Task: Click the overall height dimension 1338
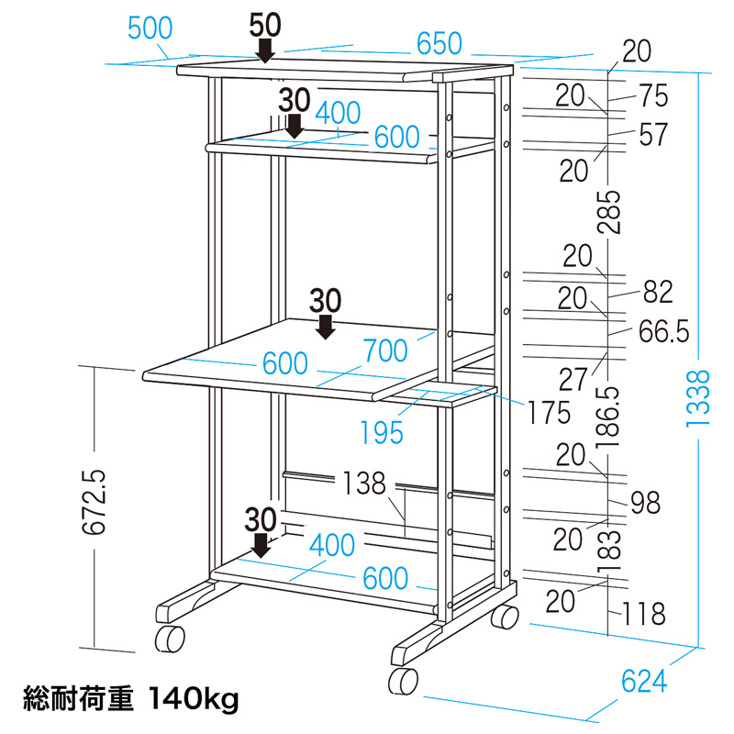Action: point(699,397)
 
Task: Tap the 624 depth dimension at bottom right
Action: point(643,682)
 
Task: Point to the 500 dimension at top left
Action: point(150,28)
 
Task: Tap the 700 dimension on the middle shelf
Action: point(384,350)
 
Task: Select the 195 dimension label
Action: point(382,432)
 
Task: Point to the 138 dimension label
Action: point(364,484)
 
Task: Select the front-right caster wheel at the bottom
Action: point(403,682)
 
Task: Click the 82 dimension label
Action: point(658,292)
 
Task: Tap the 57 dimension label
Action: point(652,134)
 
